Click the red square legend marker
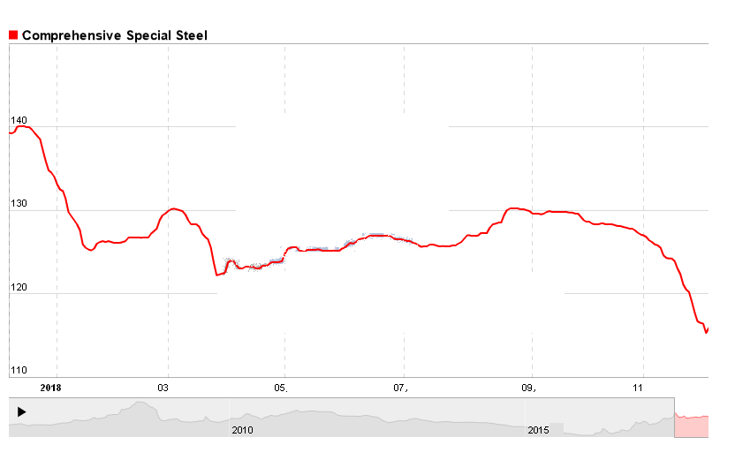click(x=13, y=35)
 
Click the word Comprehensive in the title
click(x=64, y=35)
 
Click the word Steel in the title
click(x=190, y=35)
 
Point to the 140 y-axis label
click(x=19, y=120)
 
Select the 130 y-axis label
click(x=19, y=204)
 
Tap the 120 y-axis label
click(x=19, y=287)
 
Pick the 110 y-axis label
click(x=19, y=370)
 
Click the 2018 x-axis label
click(x=50, y=387)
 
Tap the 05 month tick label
click(x=282, y=387)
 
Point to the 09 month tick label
click(x=529, y=387)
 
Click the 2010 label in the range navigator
click(x=242, y=429)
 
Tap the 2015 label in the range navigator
click(x=538, y=429)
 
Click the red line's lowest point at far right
click(x=706, y=333)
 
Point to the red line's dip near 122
click(x=217, y=275)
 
